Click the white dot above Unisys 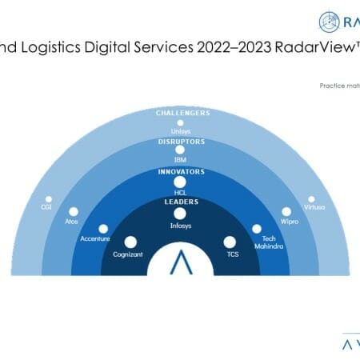click(180, 124)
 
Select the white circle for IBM click(180, 150)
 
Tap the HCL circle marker click(180, 182)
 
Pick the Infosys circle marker click(180, 214)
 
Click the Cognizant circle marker click(130, 241)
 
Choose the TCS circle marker click(230, 241)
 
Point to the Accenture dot click(102, 229)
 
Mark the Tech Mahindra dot click(257, 229)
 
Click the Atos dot click(74, 212)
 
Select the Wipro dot click(286, 212)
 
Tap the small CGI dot click(48, 198)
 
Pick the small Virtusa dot click(311, 198)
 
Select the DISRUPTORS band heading click(180, 141)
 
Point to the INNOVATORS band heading click(180, 171)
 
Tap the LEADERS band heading click(180, 202)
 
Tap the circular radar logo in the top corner click(330, 21)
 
